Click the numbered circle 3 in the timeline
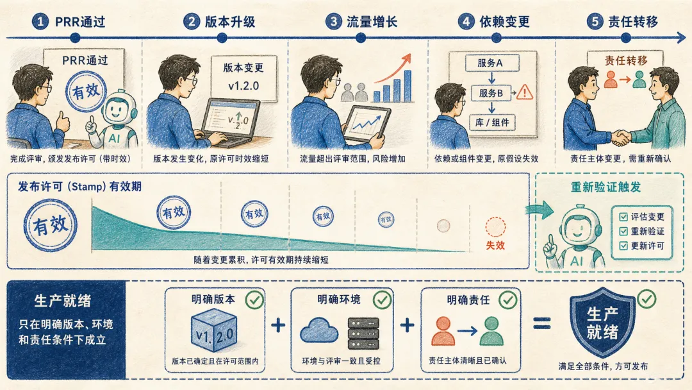click(334, 21)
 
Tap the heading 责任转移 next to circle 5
click(633, 21)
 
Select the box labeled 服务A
click(491, 63)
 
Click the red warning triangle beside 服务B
click(524, 92)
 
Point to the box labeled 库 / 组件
click(491, 123)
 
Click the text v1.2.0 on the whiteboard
click(243, 86)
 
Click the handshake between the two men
click(621, 137)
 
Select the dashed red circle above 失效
click(495, 227)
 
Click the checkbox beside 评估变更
click(623, 217)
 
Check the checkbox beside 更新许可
click(623, 246)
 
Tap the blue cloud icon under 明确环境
click(319, 330)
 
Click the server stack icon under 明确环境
click(363, 333)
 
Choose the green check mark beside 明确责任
click(508, 300)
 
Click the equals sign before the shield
click(542, 325)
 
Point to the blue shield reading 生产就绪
click(602, 322)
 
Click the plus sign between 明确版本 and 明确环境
click(278, 325)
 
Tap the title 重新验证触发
click(605, 187)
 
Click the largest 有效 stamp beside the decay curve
click(51, 225)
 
